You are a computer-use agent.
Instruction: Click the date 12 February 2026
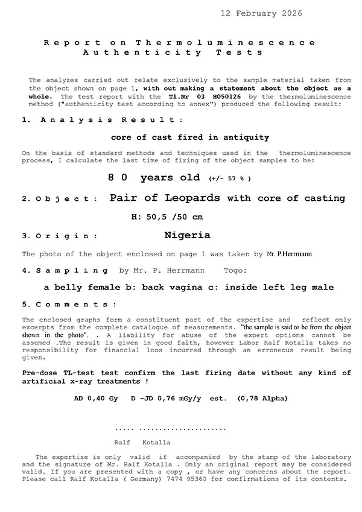261,13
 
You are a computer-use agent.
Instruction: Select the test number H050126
208,96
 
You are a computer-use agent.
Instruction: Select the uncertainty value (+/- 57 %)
229,179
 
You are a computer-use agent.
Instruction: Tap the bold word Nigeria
187,235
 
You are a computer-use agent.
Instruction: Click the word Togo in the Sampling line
235,271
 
